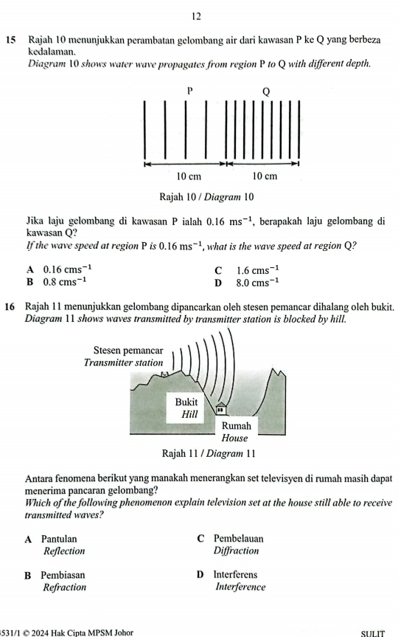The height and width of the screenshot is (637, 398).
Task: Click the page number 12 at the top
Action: pos(198,15)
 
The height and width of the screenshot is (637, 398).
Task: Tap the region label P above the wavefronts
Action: pos(189,89)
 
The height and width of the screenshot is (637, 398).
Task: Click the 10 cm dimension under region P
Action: pos(189,176)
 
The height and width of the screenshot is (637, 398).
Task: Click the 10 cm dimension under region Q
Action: pos(264,176)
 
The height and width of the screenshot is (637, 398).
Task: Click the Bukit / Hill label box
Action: pos(188,407)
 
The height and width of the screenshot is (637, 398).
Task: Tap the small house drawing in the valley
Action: pos(220,407)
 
